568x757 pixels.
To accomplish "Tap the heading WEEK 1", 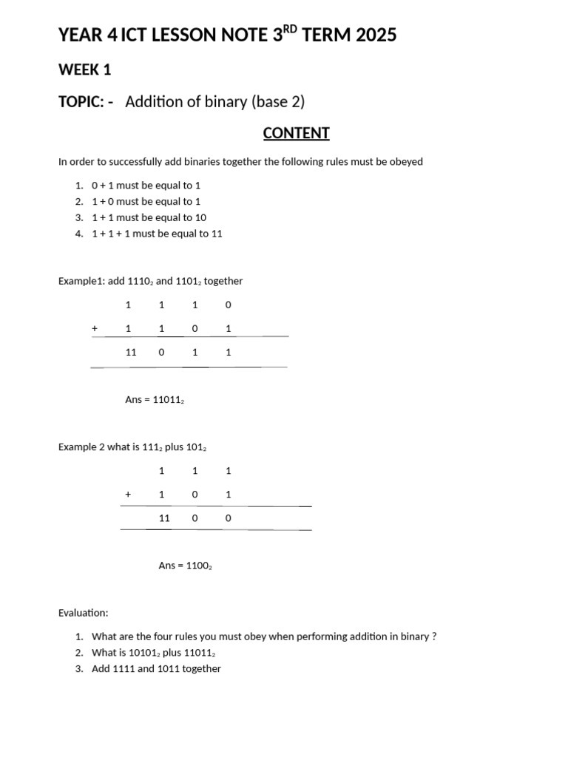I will tap(84, 69).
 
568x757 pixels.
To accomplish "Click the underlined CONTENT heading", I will tap(296, 133).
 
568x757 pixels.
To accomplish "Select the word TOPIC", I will tap(80, 102).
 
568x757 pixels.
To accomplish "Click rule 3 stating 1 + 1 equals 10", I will tap(149, 217).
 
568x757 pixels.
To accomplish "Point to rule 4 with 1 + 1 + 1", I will tap(157, 234).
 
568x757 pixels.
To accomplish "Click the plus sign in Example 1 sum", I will tap(95, 328).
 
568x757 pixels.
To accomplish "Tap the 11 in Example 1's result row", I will tap(131, 353).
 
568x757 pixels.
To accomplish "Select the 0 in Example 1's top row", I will tap(228, 305).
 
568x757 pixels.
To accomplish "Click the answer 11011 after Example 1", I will tap(168, 400).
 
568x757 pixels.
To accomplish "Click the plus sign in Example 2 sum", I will tap(128, 495).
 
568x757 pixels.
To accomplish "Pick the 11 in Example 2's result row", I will tap(164, 518).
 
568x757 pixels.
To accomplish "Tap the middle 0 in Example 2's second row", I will tap(195, 495).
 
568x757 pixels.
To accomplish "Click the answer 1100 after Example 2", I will tap(197, 566).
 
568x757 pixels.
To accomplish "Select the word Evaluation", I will tap(83, 613).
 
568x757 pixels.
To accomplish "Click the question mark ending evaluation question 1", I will tap(433, 637).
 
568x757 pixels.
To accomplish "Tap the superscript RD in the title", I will tap(294, 29).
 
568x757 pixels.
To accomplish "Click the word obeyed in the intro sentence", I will tap(405, 162).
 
